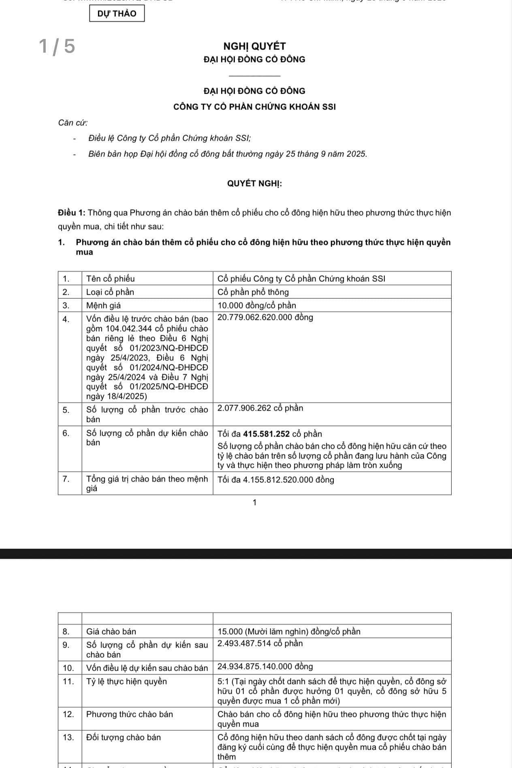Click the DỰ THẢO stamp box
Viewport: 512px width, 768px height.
[117, 13]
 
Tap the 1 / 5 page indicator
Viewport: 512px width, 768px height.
[57, 46]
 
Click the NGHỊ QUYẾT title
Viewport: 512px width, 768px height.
[255, 46]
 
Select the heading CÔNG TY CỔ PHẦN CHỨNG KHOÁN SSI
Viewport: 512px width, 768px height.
[254, 107]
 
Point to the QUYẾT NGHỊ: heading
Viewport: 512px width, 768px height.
[254, 184]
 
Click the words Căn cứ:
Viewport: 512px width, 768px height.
[73, 123]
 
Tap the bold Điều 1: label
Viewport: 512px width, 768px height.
[71, 213]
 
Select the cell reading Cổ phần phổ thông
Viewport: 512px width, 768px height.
[253, 292]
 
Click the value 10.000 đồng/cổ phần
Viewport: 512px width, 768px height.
[257, 306]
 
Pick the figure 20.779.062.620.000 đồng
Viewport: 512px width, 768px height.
[265, 317]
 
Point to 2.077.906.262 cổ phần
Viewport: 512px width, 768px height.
[260, 408]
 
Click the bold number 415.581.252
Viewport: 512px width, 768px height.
[266, 434]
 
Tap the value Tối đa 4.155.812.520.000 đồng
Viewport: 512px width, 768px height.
[276, 480]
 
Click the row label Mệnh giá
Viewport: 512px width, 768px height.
[103, 306]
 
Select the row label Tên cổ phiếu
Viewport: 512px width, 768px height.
[110, 279]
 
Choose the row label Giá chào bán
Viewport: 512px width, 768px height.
[111, 631]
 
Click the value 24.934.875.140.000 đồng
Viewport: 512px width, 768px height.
[265, 667]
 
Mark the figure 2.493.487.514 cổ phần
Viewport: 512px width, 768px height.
[260, 644]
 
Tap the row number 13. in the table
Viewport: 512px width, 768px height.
[68, 737]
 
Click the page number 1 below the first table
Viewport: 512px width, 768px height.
[254, 503]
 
